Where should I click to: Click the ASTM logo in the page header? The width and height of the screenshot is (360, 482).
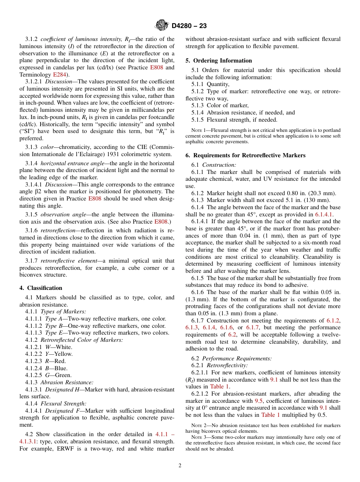(162, 26)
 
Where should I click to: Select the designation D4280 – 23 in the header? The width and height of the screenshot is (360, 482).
(189, 26)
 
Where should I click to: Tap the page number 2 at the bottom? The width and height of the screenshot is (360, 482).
(180, 466)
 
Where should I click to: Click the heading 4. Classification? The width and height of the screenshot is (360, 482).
(41, 288)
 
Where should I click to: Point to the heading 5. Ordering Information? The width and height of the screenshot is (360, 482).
(219, 61)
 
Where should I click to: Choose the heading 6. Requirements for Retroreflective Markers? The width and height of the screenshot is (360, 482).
(245, 155)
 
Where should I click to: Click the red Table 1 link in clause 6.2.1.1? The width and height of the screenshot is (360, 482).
(219, 387)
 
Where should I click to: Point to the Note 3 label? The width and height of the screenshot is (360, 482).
(199, 437)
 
